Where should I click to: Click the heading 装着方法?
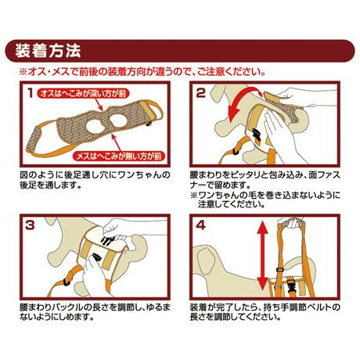tap(48, 51)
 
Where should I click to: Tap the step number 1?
tap(31, 93)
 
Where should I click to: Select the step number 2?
tap(200, 93)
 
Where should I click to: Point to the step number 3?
tap(30, 225)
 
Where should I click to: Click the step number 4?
tap(200, 225)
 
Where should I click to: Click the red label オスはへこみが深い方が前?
tap(83, 93)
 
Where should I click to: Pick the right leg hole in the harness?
tap(118, 120)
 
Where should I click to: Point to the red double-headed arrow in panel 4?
tap(263, 256)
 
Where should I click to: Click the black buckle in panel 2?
tap(256, 135)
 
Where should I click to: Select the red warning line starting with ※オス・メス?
tap(142, 71)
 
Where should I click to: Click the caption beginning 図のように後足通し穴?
tap(95, 179)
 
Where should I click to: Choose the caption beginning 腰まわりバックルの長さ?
tap(95, 311)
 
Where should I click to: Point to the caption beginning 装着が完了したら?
tap(265, 311)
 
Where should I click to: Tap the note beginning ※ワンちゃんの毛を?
tap(265, 200)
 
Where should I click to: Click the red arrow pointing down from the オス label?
tap(101, 105)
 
